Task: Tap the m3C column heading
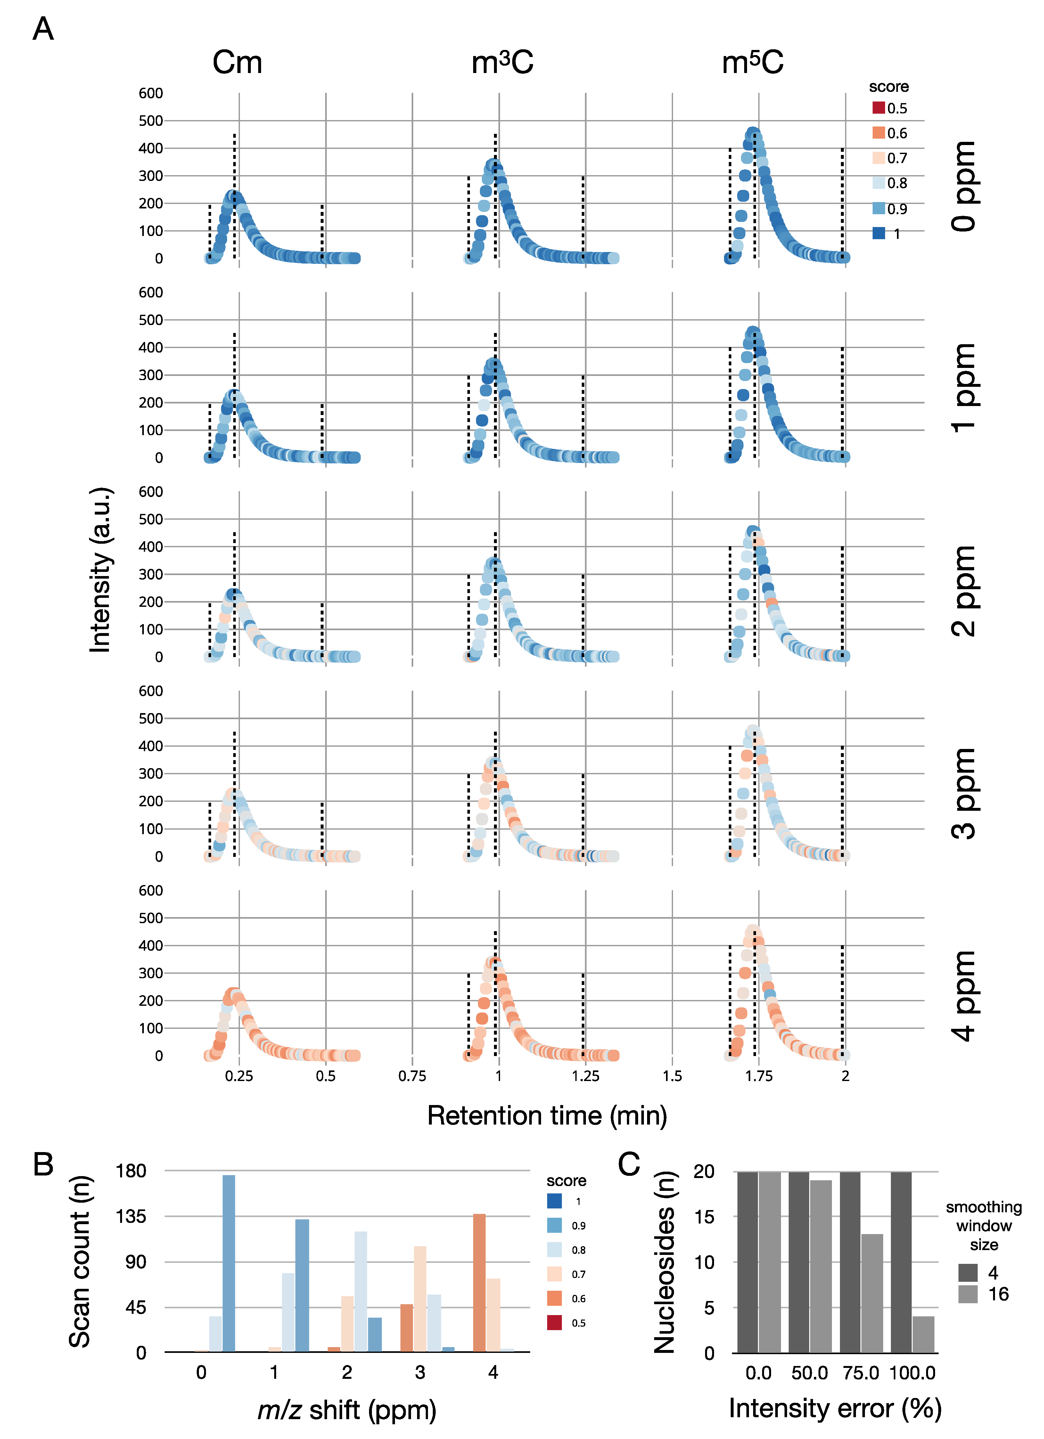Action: click(x=502, y=63)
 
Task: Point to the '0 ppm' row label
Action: click(x=963, y=186)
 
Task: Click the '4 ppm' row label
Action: click(x=963, y=995)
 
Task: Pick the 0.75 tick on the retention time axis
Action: click(x=413, y=1076)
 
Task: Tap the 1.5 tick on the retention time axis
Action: click(x=672, y=1076)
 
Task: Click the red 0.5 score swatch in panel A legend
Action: click(x=878, y=108)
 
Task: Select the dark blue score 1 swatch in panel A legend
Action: click(x=878, y=233)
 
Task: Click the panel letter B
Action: click(x=43, y=1165)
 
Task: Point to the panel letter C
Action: click(x=629, y=1165)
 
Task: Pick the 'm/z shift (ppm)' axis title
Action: click(x=347, y=1410)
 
